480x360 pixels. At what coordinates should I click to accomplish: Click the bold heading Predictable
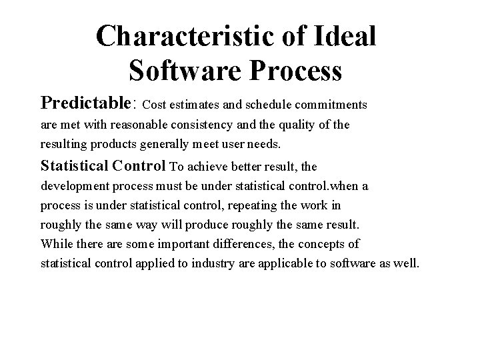click(87, 103)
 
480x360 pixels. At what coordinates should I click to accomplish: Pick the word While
click(54, 243)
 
